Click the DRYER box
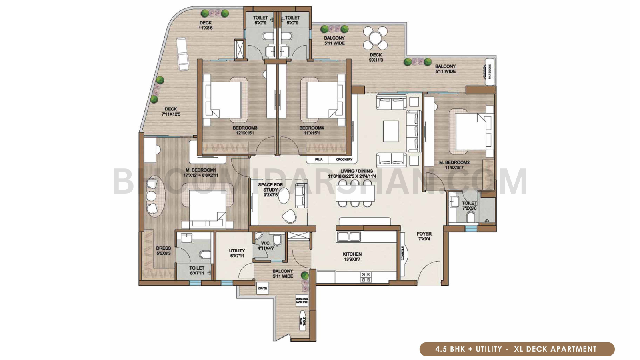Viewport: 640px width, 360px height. [262, 288]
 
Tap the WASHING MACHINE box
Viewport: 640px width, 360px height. [302, 300]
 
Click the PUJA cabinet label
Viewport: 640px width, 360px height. [318, 160]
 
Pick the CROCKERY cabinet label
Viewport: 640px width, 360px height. [344, 160]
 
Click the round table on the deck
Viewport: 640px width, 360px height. [376, 38]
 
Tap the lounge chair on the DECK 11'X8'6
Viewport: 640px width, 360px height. [182, 54]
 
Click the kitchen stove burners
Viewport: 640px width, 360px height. [366, 277]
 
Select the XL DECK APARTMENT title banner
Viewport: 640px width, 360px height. [517, 349]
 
